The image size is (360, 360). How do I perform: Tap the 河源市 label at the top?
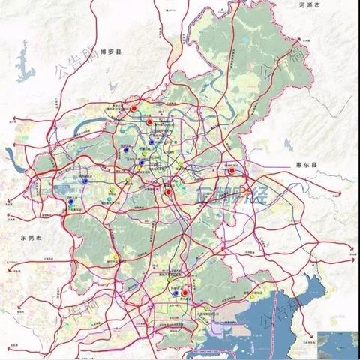(x=309, y=6)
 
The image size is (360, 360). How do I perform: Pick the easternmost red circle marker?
(x=232, y=171)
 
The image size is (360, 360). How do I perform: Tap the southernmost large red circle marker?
(x=184, y=283)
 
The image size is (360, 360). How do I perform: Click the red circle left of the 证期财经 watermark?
(x=169, y=193)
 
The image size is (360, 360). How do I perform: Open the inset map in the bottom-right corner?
(x=337, y=343)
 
